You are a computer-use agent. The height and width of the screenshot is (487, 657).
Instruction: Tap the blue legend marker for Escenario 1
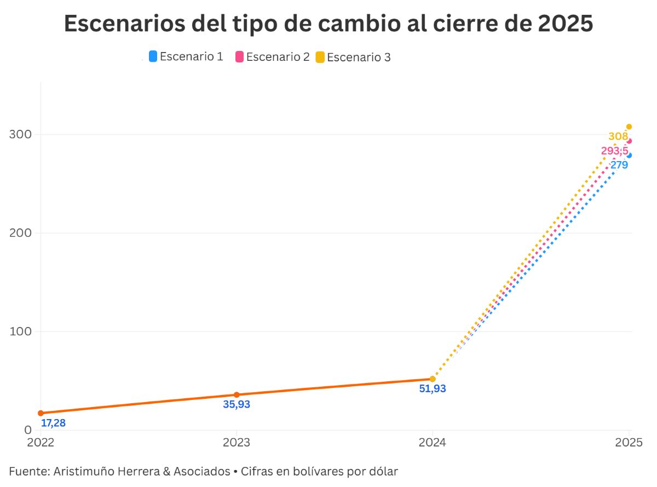pos(153,56)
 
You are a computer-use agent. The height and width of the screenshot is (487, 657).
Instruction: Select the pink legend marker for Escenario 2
pos(239,56)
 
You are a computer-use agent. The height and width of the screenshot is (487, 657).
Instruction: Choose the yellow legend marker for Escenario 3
pos(320,57)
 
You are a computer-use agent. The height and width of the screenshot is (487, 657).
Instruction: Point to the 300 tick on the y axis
pos(20,135)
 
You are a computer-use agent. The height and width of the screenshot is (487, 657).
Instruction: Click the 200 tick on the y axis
pos(20,233)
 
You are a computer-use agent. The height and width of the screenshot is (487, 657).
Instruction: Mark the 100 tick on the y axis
pos(20,331)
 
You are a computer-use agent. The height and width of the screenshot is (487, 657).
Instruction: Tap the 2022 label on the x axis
pos(41,442)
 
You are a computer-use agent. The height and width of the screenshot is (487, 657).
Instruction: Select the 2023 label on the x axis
pos(236,442)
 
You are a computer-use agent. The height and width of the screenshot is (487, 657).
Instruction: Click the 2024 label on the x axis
pos(433,442)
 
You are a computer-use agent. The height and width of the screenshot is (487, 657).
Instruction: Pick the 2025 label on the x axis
pos(629,442)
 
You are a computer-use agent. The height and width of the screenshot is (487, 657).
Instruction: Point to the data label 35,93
pos(237,405)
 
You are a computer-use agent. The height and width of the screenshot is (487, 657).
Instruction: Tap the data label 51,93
pos(433,389)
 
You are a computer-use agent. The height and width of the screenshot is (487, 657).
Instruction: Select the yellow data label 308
pos(618,136)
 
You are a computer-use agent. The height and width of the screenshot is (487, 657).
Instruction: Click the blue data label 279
pos(619,164)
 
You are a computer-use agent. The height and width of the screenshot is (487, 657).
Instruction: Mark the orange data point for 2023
pos(237,394)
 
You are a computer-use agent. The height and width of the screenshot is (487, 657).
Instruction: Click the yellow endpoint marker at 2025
pos(629,127)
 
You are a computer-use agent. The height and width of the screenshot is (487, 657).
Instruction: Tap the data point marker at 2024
pos(433,379)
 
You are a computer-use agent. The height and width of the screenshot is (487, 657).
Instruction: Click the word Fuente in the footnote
pos(27,471)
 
